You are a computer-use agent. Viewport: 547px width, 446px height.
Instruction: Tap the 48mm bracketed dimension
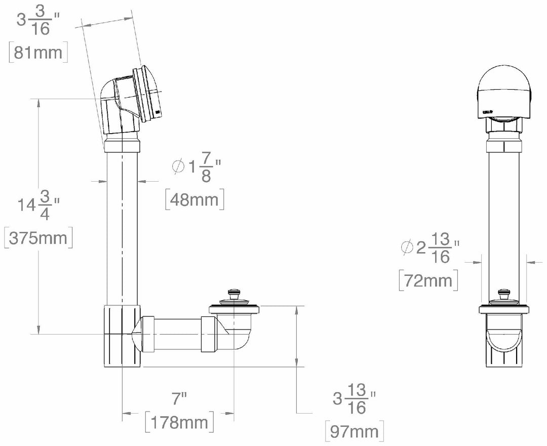click(195, 199)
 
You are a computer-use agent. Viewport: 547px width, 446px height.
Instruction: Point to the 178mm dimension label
click(178, 422)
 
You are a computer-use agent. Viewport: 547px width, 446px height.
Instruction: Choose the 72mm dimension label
click(428, 280)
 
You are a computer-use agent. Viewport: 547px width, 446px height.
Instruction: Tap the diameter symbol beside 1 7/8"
click(178, 167)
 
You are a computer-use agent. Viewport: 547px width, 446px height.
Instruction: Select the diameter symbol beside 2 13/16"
click(407, 248)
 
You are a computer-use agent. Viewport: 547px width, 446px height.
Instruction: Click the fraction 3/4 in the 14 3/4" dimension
click(45, 205)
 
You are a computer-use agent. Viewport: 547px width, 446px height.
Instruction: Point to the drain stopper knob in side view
click(233, 292)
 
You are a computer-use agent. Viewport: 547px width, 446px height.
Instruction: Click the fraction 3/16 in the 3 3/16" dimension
click(39, 22)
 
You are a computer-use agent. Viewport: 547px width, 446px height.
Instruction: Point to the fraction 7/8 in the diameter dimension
click(206, 167)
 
